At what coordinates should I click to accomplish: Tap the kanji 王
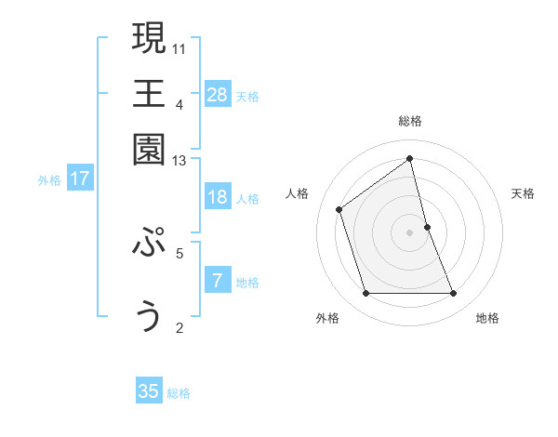pyautogui.click(x=149, y=93)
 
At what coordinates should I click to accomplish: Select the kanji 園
pyautogui.click(x=149, y=149)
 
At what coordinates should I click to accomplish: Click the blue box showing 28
pyautogui.click(x=218, y=94)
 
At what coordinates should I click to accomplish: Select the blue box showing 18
pyautogui.click(x=218, y=197)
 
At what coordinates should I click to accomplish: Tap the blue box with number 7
pyautogui.click(x=218, y=281)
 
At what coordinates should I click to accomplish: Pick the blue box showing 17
pyautogui.click(x=80, y=179)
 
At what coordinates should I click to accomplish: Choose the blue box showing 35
pyautogui.click(x=149, y=391)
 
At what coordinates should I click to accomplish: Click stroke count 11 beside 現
pyautogui.click(x=180, y=47)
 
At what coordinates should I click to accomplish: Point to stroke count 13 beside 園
pyautogui.click(x=179, y=161)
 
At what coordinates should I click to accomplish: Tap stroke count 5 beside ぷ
pyautogui.click(x=179, y=252)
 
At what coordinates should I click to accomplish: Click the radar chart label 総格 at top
pyautogui.click(x=410, y=121)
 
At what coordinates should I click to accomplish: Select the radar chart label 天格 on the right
pyautogui.click(x=524, y=193)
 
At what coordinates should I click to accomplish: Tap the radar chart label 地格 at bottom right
pyautogui.click(x=487, y=319)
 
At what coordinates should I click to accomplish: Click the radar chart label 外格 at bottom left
pyautogui.click(x=327, y=319)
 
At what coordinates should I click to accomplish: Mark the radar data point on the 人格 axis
pyautogui.click(x=339, y=209)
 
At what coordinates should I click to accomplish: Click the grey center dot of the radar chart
pyautogui.click(x=410, y=232)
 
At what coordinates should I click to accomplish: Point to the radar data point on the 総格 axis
pyautogui.click(x=410, y=158)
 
